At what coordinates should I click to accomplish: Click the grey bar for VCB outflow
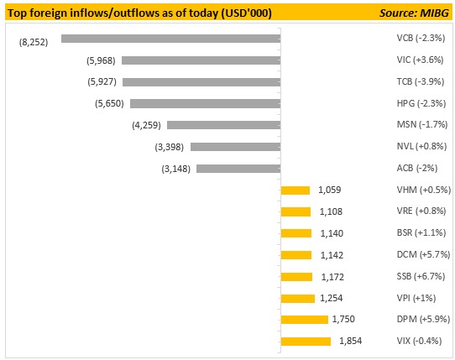point(171,39)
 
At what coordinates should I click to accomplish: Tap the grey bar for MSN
point(224,125)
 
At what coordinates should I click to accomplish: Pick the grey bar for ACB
point(238,169)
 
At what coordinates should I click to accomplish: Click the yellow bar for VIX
point(306,342)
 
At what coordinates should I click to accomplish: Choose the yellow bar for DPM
point(305,320)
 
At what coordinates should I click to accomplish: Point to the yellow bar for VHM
point(295,190)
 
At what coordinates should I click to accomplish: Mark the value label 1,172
point(332,277)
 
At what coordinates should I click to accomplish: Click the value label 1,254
point(332,298)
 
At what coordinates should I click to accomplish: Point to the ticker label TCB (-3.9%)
point(421,81)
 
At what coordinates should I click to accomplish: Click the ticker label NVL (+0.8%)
point(421,146)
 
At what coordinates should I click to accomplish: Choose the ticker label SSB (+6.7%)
point(421,276)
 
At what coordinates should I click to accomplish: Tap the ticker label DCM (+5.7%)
point(423,254)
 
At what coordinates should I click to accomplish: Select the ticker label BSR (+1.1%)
point(421,232)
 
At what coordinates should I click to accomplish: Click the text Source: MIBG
point(415,13)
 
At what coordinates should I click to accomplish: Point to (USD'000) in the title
point(246,13)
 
